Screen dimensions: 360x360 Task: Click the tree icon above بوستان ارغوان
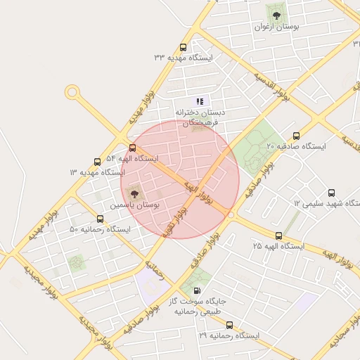point(276,12)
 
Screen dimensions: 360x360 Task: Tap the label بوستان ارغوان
point(276,26)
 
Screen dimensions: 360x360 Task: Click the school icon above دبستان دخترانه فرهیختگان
point(200,101)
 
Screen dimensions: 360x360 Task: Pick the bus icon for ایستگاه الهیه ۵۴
point(133,148)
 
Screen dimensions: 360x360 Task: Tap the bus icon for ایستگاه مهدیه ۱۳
point(96,161)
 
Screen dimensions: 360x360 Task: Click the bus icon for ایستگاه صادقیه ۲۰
point(296,136)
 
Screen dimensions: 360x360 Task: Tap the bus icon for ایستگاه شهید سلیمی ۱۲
point(331,193)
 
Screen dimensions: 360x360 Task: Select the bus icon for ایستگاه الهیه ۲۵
point(279,236)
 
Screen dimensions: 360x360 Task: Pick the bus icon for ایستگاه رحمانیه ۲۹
point(230,326)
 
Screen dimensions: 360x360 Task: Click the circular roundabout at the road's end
point(72,92)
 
